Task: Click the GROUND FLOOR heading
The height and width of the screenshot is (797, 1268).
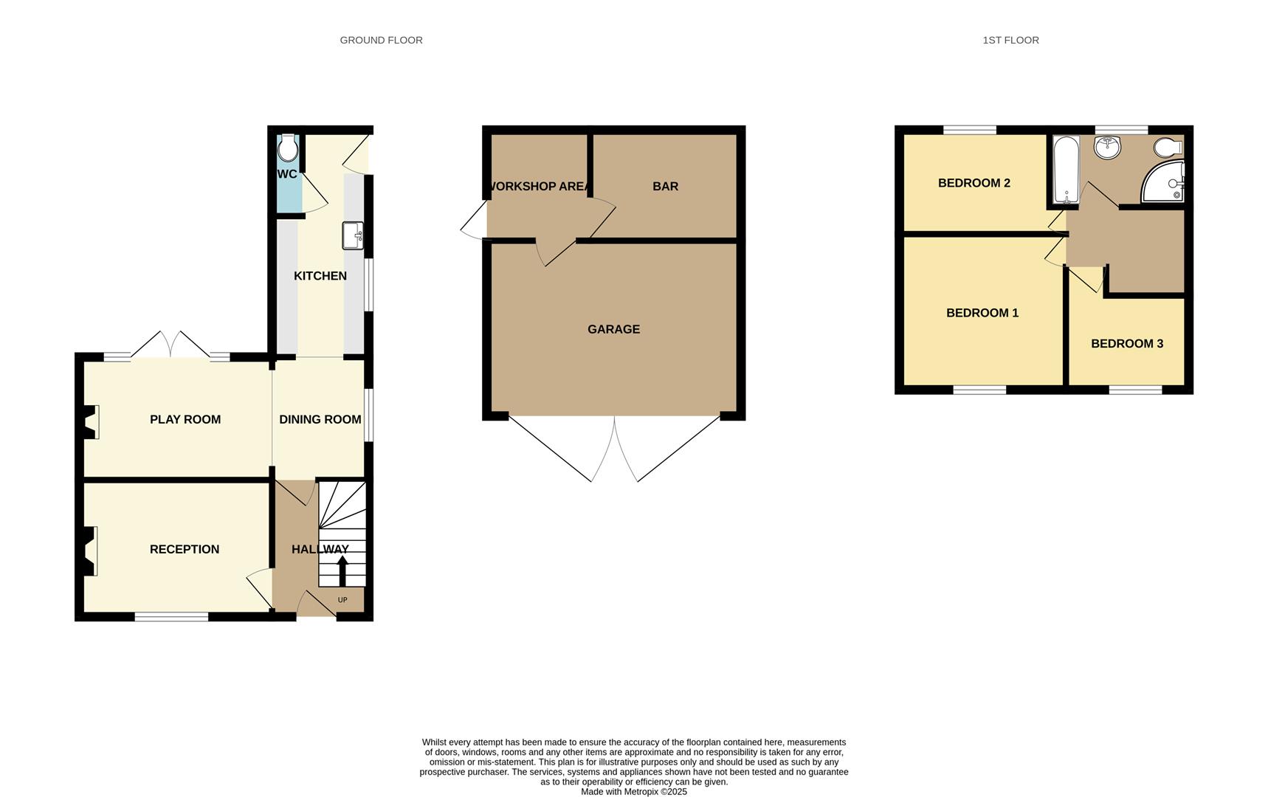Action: point(381,40)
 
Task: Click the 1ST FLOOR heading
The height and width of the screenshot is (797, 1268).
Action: point(1010,40)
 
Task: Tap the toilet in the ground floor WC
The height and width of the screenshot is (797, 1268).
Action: point(288,148)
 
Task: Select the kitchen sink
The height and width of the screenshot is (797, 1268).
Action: point(353,236)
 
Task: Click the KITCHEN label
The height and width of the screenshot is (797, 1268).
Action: point(320,276)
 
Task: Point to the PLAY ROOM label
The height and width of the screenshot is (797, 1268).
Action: point(185,419)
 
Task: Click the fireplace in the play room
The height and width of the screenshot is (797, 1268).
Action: point(92,422)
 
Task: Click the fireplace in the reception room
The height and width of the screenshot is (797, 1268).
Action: point(92,551)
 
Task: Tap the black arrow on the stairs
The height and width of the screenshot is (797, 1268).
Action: point(342,570)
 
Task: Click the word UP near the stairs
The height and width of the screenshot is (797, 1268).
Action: point(342,600)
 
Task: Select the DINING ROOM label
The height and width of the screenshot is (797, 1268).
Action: point(320,419)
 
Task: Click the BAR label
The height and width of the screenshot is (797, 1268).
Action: point(665,187)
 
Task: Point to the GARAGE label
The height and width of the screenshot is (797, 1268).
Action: point(613,329)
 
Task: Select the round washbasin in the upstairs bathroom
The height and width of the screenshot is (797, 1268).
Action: point(1107,148)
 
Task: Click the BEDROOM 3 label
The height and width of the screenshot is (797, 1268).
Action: point(1126,343)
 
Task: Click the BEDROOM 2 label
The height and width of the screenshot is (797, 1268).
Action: point(974,183)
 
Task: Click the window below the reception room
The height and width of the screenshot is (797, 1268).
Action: point(171,616)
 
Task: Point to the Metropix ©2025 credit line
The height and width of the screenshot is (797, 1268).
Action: point(633,792)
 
